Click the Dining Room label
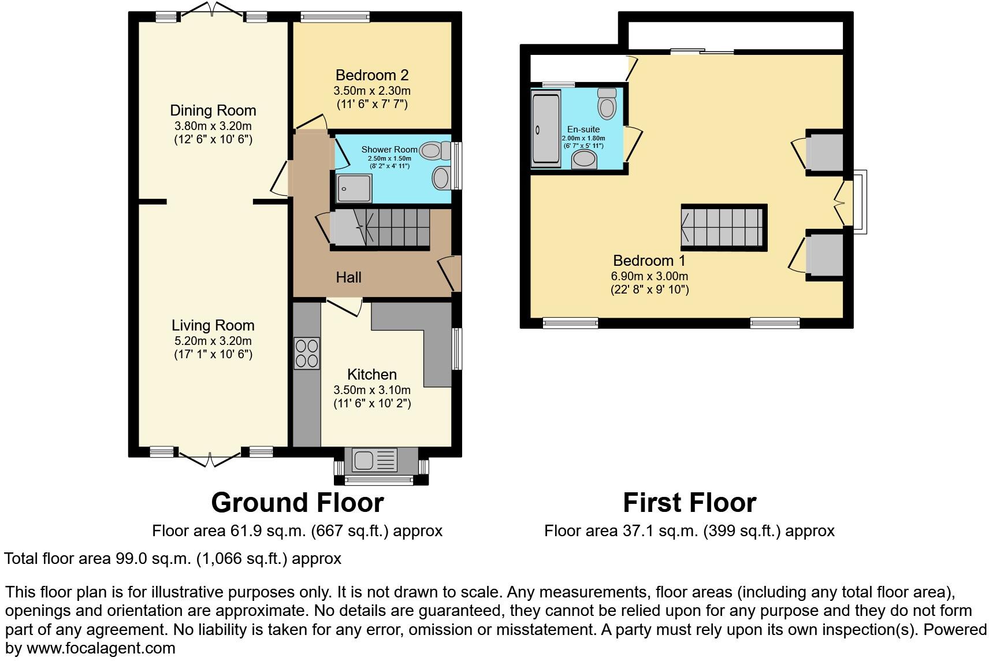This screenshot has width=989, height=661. point(213,110)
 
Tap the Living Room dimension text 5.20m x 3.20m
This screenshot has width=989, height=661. point(213,341)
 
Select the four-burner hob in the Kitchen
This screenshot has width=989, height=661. point(307,353)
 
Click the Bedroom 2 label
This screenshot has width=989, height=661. point(371,75)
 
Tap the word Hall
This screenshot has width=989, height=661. point(348,277)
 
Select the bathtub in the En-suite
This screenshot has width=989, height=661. point(545,128)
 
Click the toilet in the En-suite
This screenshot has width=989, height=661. point(607,104)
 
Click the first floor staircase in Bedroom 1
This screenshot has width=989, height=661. point(723,227)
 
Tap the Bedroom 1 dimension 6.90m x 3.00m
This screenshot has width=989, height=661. point(649,276)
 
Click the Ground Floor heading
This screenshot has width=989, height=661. point(297,503)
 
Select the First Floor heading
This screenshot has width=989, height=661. point(689,503)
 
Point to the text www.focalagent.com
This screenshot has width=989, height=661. point(101,648)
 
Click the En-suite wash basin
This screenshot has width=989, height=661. point(585,159)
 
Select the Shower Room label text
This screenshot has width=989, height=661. point(389,150)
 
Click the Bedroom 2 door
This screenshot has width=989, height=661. point(312,121)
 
